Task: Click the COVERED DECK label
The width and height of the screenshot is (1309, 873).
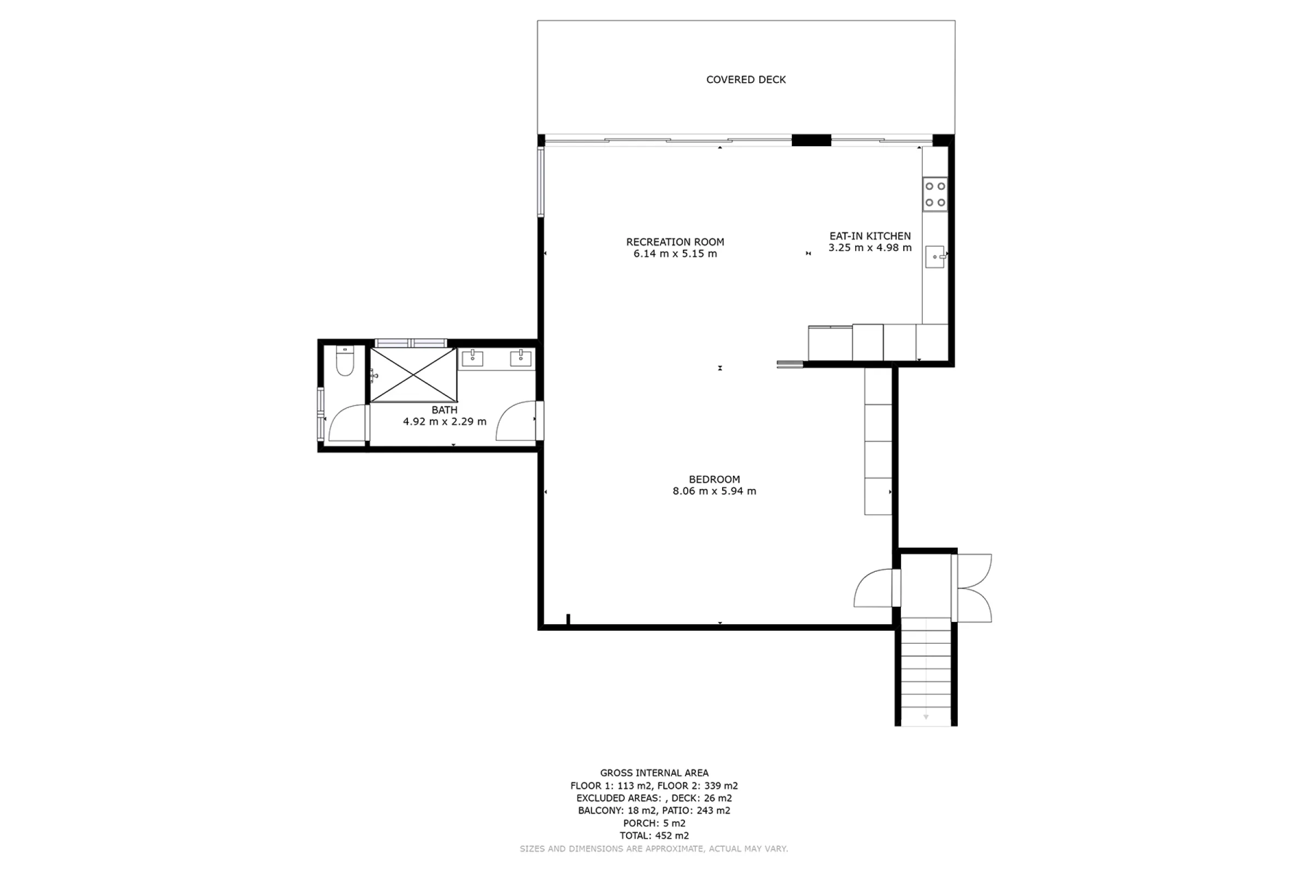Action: click(x=746, y=80)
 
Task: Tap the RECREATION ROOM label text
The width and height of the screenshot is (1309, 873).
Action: click(x=675, y=242)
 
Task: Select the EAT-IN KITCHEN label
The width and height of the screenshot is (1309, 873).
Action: click(x=870, y=236)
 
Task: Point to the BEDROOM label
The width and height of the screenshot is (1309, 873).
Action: click(x=714, y=480)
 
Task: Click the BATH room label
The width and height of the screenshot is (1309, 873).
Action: click(x=444, y=410)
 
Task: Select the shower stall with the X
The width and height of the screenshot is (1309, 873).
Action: click(x=413, y=375)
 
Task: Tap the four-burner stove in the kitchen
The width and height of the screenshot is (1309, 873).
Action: click(x=935, y=194)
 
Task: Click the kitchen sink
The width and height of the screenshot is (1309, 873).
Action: click(x=935, y=256)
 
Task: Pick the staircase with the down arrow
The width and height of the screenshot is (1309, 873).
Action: click(x=926, y=672)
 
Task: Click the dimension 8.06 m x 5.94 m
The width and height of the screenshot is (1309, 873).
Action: click(x=714, y=491)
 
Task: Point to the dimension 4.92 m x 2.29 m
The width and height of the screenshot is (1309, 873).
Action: click(x=444, y=421)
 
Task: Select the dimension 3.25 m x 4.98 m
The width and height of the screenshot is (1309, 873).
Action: click(x=870, y=248)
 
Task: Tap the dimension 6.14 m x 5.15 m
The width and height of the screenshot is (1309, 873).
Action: click(x=675, y=254)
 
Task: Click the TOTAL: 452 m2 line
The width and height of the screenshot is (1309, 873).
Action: click(x=654, y=835)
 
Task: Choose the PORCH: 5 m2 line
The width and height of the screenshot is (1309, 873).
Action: click(x=654, y=823)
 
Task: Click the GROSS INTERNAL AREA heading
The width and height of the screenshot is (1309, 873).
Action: click(x=654, y=773)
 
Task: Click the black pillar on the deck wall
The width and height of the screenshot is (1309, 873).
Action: click(x=812, y=140)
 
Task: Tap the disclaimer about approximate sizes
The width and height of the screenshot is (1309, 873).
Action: click(x=654, y=849)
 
